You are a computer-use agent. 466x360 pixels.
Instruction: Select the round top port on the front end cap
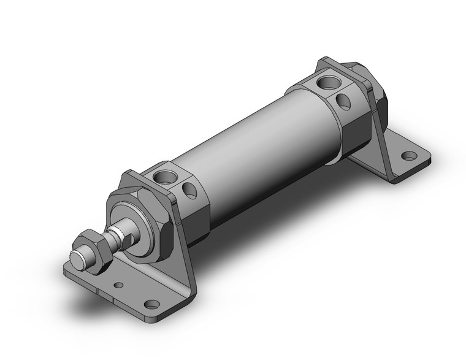point(164,178)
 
